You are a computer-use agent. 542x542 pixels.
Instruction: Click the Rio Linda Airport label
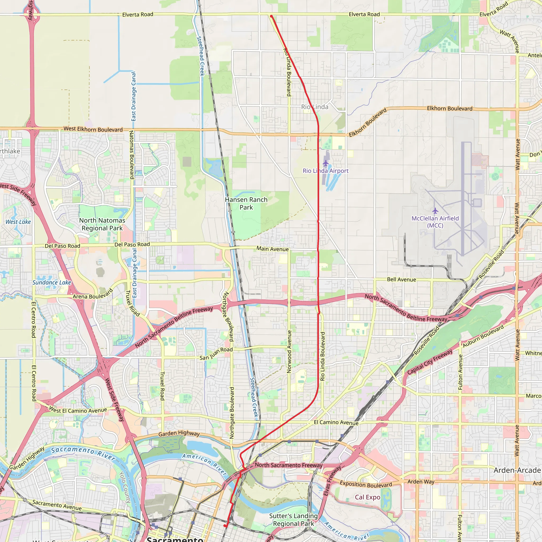[326, 171]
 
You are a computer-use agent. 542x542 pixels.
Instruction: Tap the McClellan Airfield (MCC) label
[435, 222]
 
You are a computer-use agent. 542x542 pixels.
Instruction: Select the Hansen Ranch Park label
[246, 204]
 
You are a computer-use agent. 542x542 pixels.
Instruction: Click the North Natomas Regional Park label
[102, 224]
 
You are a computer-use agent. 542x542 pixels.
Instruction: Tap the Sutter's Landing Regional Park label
[293, 520]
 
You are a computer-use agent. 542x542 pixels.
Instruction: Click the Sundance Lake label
[52, 282]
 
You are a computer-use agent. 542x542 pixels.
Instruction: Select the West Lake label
[18, 222]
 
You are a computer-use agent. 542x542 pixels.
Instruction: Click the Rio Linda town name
[314, 107]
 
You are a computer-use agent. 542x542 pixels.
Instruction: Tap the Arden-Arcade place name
[517, 470]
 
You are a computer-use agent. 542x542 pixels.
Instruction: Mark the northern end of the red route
[271, 16]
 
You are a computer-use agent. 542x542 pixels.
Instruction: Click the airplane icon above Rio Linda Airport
[326, 163]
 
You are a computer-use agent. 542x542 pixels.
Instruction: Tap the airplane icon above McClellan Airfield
[435, 210]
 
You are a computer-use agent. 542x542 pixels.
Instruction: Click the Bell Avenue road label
[401, 279]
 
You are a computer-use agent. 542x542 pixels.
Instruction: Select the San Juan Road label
[216, 354]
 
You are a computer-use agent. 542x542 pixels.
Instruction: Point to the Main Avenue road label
[272, 249]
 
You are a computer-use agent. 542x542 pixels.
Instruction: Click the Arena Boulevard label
[93, 294]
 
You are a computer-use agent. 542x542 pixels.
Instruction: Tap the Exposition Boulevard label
[366, 485]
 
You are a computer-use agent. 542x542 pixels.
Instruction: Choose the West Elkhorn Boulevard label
[93, 129]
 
